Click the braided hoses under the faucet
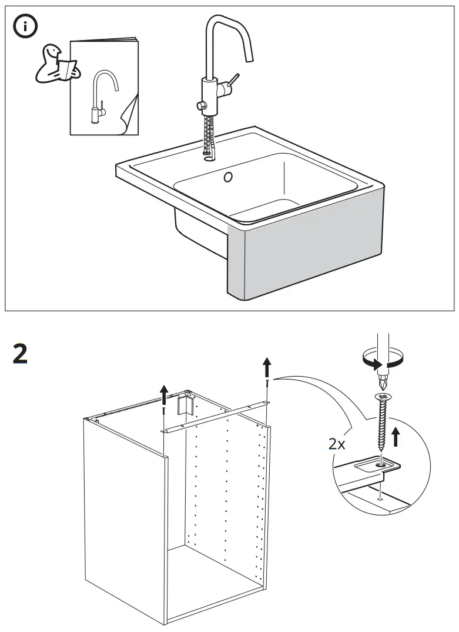pos(209,135)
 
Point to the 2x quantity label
pos(337,444)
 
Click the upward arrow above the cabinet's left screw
pos(164,392)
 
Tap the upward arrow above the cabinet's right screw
pos(267,367)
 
